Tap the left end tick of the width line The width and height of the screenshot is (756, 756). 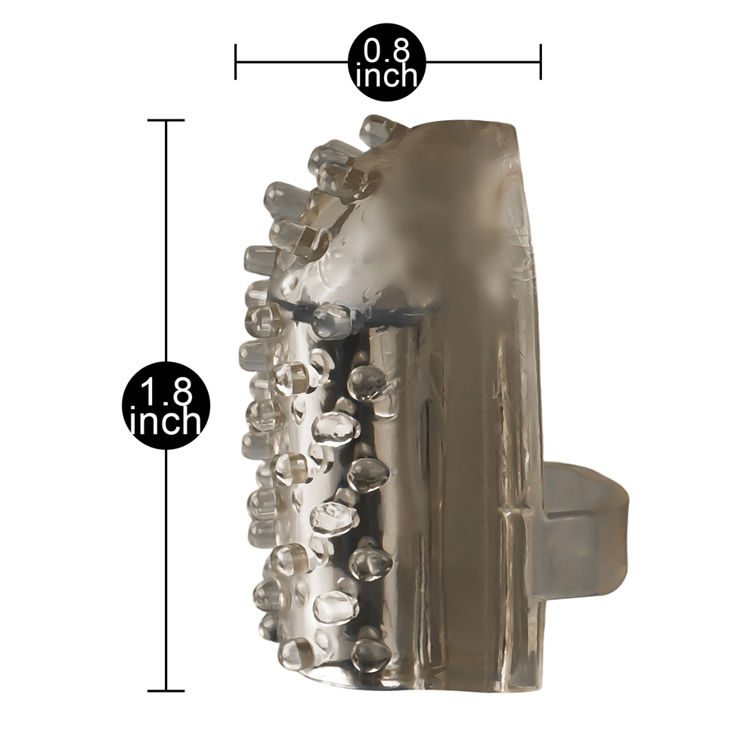(x=235, y=62)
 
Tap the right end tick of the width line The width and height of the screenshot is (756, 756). (x=541, y=62)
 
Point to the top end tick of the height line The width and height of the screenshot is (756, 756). (x=166, y=120)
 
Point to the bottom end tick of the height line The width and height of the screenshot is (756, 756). (x=166, y=691)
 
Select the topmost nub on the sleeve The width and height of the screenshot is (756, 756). (x=381, y=129)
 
